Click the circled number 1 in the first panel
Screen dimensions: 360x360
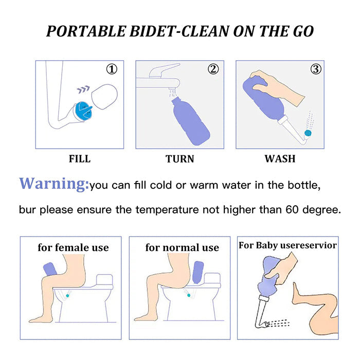(112, 69)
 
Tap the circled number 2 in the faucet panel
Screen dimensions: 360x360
(213, 69)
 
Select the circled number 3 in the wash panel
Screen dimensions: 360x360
(316, 69)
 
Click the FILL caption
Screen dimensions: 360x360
(80, 159)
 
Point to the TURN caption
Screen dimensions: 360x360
(180, 159)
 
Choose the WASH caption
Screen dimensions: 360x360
(280, 159)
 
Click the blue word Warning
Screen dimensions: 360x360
(54, 184)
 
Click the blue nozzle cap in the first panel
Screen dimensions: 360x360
(82, 111)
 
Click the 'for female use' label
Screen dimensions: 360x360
(73, 247)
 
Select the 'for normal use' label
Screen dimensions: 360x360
(182, 247)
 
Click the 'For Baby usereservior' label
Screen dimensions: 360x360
(288, 245)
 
